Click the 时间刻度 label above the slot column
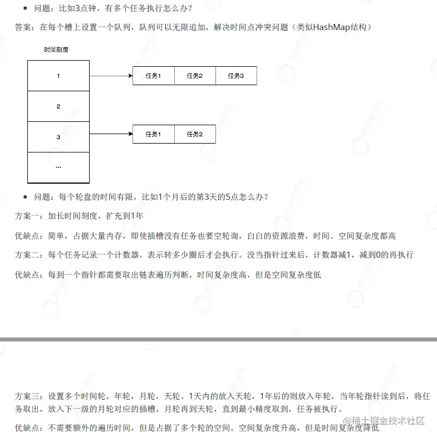pyautogui.click(x=56, y=50)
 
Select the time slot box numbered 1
pyautogui.click(x=58, y=76)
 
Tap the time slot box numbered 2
pyautogui.click(x=58, y=106)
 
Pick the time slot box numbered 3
pyautogui.click(x=58, y=137)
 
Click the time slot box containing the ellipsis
pyautogui.click(x=58, y=167)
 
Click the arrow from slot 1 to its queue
pyautogui.click(x=110, y=76)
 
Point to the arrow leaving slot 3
pyautogui.click(x=110, y=134)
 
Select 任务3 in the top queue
pyautogui.click(x=236, y=76)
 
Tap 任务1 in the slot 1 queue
pyautogui.click(x=153, y=76)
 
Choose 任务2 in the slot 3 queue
pyautogui.click(x=195, y=134)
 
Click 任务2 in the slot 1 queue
pyautogui.click(x=195, y=76)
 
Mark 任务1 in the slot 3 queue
pyautogui.click(x=153, y=134)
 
